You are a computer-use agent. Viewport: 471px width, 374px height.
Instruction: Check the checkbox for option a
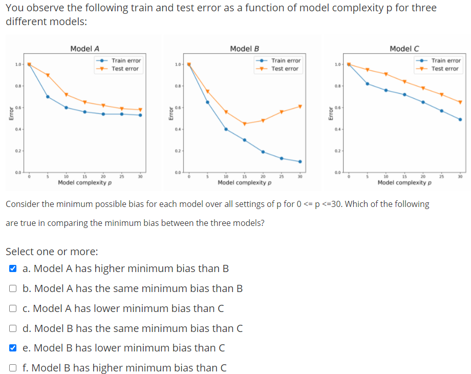13,268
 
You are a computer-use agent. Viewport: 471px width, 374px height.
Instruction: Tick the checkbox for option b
13,288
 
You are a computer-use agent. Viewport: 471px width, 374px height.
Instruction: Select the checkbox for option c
13,308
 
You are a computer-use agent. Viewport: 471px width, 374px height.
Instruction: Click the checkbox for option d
13,328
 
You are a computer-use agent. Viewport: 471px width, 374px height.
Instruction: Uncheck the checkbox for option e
13,348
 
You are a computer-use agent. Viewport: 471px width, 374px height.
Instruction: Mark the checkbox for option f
13,368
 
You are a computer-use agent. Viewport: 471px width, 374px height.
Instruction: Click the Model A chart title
84,49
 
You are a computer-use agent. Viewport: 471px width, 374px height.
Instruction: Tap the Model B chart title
244,49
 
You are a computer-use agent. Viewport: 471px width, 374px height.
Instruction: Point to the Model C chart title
404,49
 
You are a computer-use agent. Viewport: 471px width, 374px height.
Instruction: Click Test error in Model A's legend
125,69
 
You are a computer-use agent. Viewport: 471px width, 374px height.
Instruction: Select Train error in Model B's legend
286,60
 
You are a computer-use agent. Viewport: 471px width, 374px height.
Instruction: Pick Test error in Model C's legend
444,69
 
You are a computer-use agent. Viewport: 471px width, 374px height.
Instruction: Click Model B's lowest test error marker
244,123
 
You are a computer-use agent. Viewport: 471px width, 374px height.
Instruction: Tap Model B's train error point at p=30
300,161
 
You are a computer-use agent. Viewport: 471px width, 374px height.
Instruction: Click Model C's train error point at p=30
460,119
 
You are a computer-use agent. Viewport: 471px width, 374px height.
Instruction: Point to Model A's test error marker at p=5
48,75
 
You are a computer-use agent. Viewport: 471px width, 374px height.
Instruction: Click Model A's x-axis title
84,182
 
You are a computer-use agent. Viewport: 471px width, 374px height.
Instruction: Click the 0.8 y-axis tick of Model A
18,86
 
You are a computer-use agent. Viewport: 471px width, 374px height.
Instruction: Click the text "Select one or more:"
52,252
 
